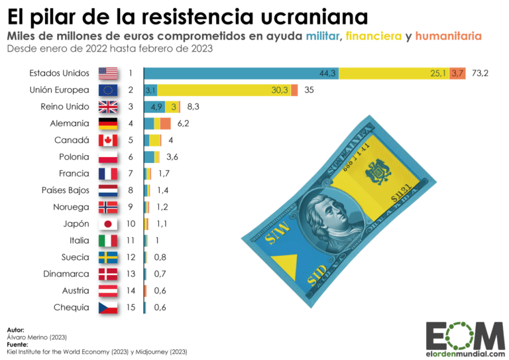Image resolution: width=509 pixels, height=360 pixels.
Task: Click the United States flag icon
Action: pyautogui.click(x=107, y=74)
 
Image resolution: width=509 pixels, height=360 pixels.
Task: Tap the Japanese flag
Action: pyautogui.click(x=107, y=224)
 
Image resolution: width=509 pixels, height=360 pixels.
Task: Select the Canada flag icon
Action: pyautogui.click(x=107, y=141)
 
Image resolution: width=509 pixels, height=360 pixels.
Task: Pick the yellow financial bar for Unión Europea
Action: pyautogui.click(x=224, y=90)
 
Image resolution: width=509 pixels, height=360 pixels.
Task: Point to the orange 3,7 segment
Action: pyautogui.click(x=457, y=74)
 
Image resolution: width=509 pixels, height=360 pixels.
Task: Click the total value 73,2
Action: pyautogui.click(x=481, y=74)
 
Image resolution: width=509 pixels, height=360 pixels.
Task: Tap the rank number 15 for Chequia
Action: pyautogui.click(x=131, y=308)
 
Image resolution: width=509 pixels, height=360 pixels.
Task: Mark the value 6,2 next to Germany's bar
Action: pyautogui.click(x=183, y=123)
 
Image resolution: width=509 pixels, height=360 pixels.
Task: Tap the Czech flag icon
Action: pyautogui.click(x=107, y=308)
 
